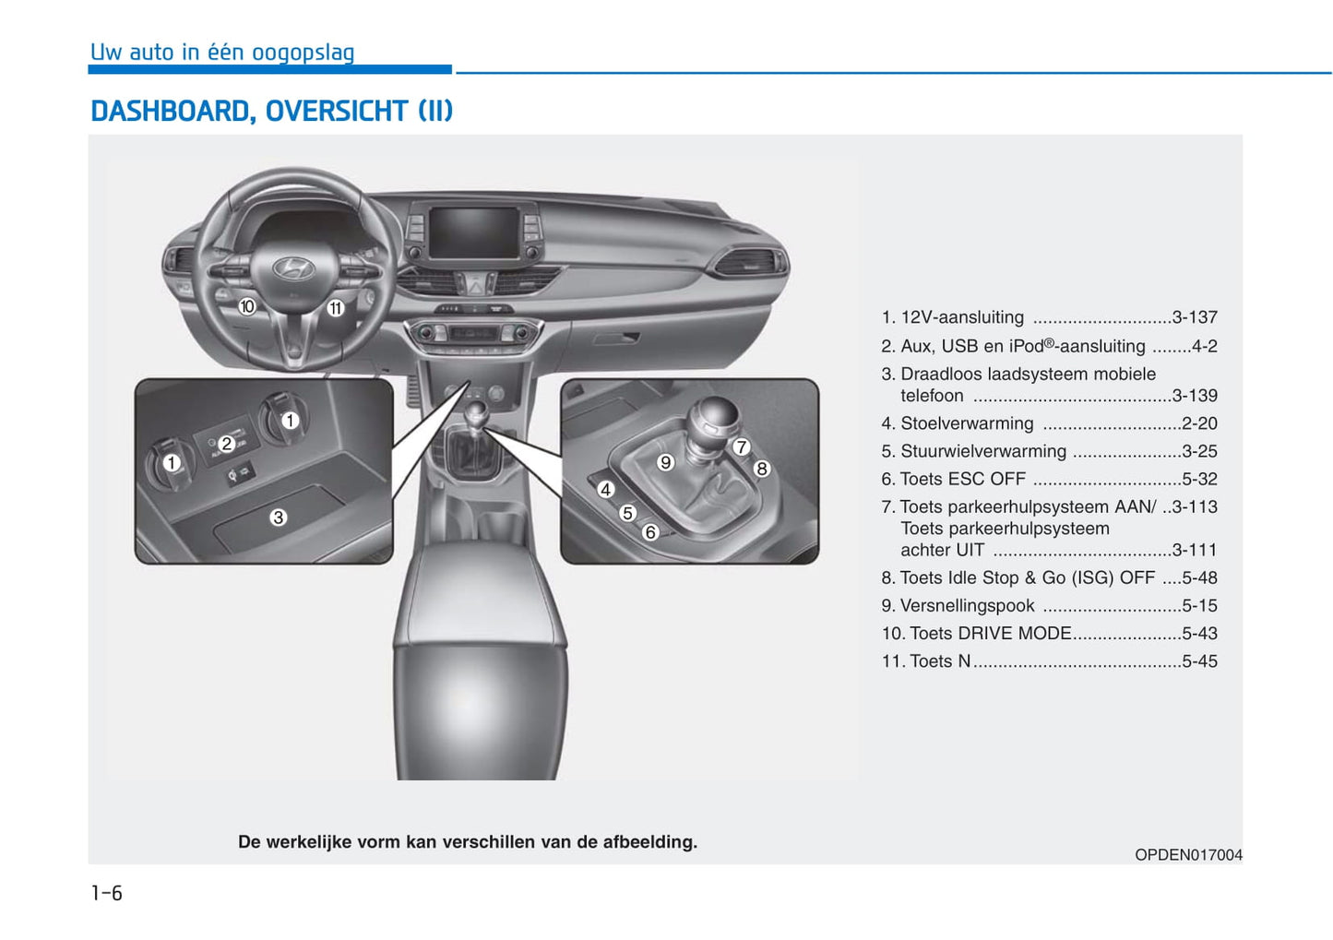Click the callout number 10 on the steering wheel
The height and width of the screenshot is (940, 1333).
coord(247,306)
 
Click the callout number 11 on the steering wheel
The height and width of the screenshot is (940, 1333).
coord(335,308)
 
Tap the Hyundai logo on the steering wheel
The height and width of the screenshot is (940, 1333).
coord(294,269)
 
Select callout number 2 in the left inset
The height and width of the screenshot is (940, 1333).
coord(226,444)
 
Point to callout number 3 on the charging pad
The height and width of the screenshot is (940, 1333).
coord(278,518)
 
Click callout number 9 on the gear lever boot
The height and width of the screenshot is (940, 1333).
coord(665,462)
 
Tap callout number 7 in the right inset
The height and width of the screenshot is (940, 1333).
coord(741,447)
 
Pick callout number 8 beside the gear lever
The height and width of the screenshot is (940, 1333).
coord(761,469)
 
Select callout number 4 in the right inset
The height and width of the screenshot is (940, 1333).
coord(605,490)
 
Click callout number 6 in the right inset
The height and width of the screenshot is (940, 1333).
coord(649,532)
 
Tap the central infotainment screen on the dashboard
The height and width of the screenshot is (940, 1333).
coord(474,232)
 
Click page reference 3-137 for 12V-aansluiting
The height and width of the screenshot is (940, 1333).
coord(1195,317)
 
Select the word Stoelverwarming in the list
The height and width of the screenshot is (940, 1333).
coord(967,423)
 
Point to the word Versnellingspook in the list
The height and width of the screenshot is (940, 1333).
coord(967,606)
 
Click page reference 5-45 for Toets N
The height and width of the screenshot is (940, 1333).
coord(1199,661)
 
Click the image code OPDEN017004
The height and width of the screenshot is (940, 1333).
coord(1188,855)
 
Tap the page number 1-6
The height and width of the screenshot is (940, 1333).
coord(106,893)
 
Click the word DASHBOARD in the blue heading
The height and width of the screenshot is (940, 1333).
coord(170,112)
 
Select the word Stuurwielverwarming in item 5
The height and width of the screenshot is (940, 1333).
coord(982,451)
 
